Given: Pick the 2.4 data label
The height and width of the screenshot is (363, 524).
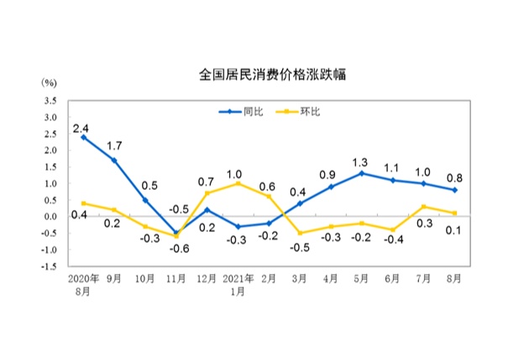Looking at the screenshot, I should (x=81, y=129).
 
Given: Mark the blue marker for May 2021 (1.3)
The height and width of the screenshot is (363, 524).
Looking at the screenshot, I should (x=361, y=173).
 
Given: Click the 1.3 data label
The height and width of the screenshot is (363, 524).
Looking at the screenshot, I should (x=361, y=161).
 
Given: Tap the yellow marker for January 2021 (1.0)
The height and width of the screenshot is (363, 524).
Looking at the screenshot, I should (x=238, y=183).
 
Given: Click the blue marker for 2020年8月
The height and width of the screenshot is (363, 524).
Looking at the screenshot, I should (x=82, y=137).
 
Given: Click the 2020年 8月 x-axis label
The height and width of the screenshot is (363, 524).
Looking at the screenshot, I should (x=82, y=284).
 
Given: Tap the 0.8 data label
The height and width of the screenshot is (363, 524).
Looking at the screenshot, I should (x=453, y=177).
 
